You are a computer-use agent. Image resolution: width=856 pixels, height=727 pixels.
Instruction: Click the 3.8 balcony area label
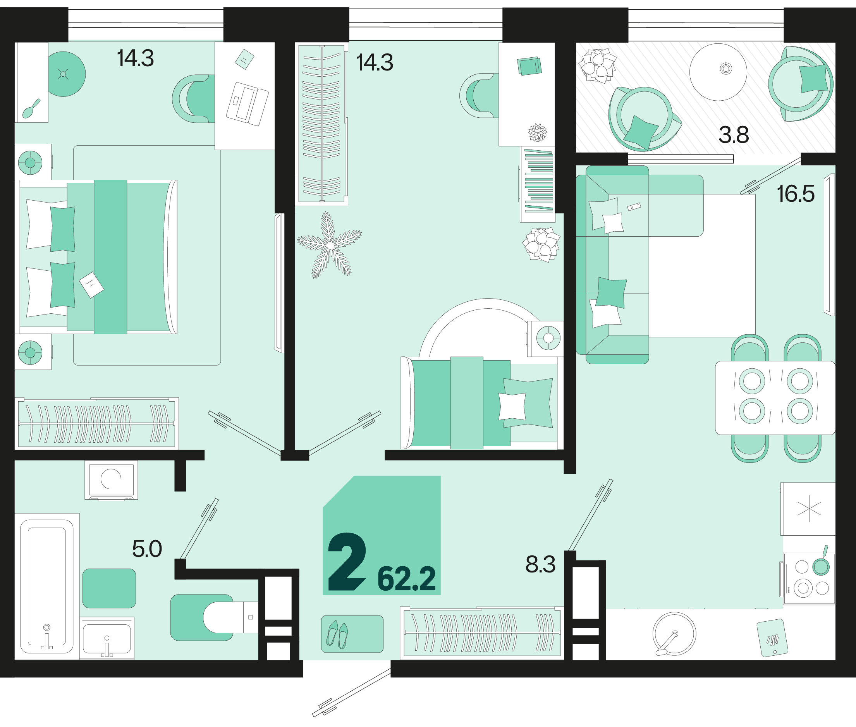[734, 135]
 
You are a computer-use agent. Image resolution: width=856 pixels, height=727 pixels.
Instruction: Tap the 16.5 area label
[796, 194]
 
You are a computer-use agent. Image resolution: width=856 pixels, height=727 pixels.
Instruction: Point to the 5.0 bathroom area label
[147, 549]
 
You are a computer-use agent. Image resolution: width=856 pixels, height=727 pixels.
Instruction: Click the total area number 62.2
[406, 579]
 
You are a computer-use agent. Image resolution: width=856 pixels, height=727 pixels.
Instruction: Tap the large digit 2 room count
[347, 562]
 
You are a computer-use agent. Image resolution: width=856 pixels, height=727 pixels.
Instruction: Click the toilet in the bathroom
[230, 617]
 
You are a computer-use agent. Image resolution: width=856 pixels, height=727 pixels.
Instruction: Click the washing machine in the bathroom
[111, 480]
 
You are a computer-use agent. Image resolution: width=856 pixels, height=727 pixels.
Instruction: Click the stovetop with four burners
[809, 579]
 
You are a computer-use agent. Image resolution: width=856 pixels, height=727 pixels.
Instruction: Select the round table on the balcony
[718, 72]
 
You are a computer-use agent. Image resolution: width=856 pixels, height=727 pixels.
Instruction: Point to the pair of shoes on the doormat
[337, 634]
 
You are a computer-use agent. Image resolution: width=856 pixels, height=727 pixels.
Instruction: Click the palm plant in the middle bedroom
[329, 245]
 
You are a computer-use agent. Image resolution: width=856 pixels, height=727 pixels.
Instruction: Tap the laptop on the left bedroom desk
[247, 104]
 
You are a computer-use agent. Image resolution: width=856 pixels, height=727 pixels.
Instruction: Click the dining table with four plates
[775, 398]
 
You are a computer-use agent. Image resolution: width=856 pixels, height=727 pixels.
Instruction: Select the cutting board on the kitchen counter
[772, 638]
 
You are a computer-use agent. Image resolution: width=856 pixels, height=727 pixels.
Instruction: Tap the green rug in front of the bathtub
[109, 588]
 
